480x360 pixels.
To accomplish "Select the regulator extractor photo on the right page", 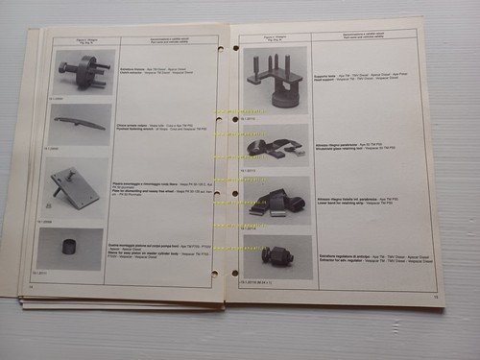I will click(276, 256).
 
